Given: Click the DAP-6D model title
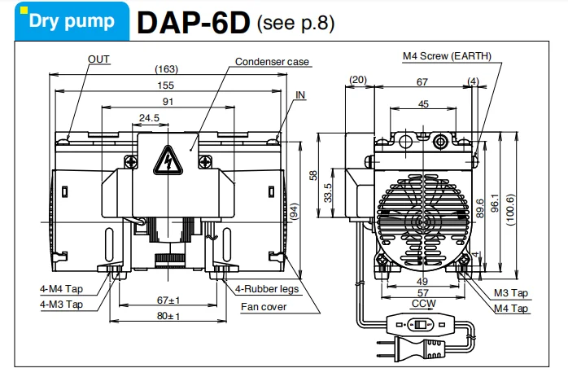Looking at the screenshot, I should click(x=192, y=22).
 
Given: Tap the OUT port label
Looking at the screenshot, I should click(x=98, y=59).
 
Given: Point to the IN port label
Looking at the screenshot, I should click(x=300, y=95).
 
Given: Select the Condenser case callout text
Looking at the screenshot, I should click(x=272, y=62).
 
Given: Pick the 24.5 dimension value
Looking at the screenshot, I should click(x=148, y=118).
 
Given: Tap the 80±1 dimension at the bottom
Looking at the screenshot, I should click(x=168, y=316).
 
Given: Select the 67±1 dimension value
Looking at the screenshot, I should click(x=168, y=300).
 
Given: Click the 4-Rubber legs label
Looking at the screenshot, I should click(x=267, y=289).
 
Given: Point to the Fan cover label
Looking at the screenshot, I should click(x=263, y=307).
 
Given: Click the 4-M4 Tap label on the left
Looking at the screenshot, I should click(x=61, y=289).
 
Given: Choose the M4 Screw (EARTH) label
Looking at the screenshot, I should click(x=447, y=56).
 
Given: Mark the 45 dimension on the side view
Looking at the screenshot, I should click(x=422, y=103).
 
